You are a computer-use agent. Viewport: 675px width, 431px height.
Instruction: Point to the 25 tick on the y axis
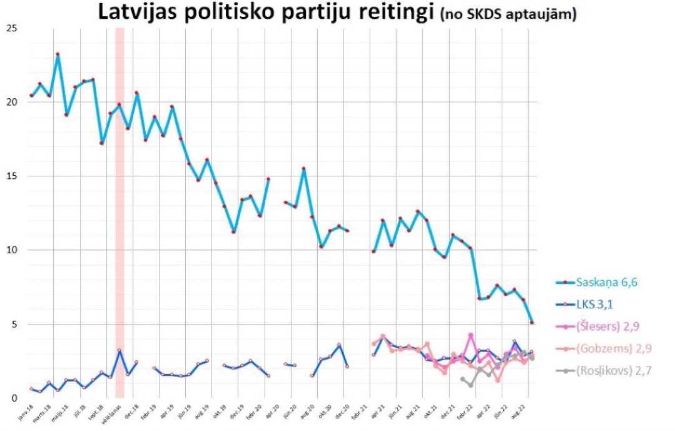11,29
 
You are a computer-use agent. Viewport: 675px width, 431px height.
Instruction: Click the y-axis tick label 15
11,176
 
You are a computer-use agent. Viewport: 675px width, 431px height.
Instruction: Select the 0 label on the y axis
13,398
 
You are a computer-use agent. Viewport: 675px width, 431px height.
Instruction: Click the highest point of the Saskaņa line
58,54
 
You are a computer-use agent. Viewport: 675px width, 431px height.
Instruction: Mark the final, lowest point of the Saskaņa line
531,323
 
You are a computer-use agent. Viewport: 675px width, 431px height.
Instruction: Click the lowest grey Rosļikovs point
470,385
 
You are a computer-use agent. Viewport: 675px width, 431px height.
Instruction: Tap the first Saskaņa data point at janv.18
31,96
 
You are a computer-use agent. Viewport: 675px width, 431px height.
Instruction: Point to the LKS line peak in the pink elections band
119,351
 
